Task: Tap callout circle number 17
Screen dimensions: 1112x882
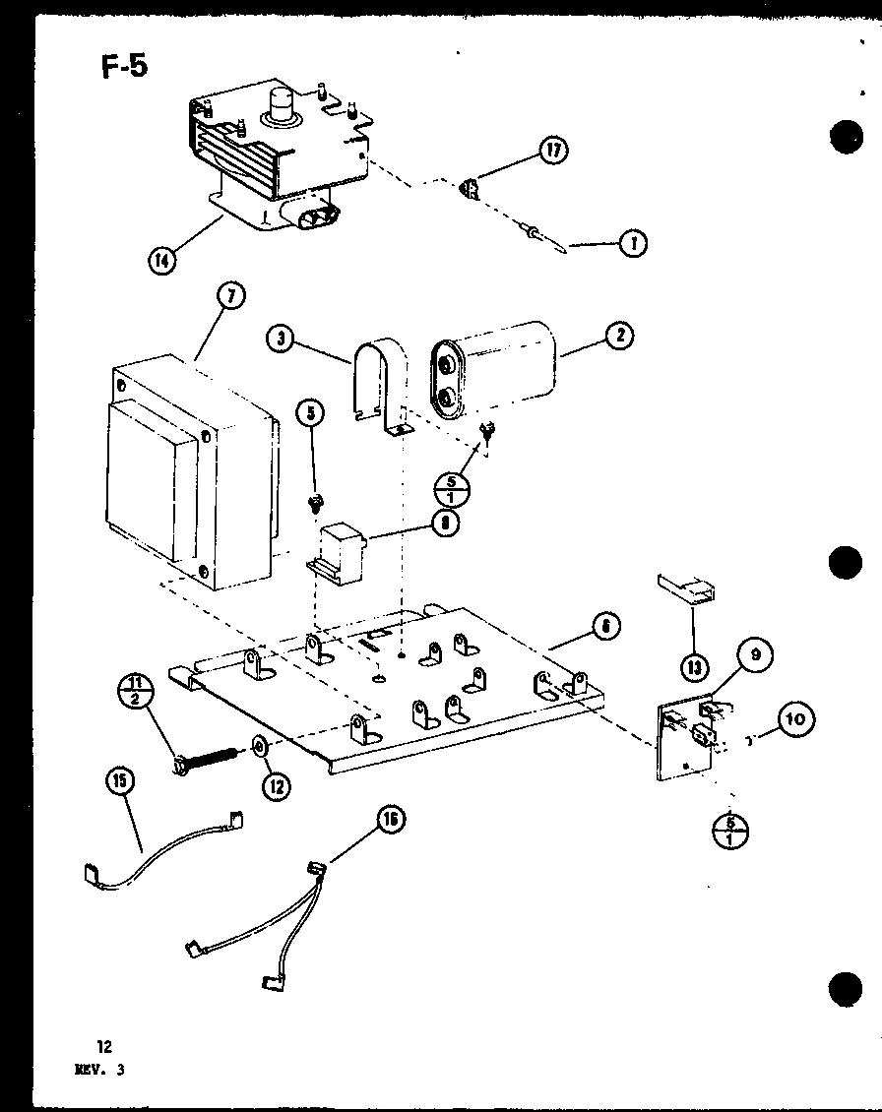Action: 554,152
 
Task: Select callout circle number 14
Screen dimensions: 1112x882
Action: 161,262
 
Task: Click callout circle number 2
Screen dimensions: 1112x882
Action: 619,336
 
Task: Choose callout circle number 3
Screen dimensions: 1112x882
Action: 282,340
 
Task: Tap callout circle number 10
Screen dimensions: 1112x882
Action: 796,720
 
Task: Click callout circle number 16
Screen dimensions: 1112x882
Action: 391,819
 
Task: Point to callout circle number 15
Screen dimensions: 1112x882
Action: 122,781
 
